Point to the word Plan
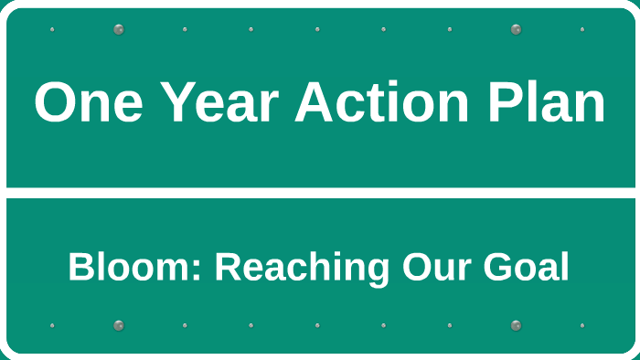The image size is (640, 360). [545, 102]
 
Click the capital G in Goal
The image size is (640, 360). [496, 268]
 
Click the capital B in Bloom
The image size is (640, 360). [80, 268]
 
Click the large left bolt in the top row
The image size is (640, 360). [118, 29]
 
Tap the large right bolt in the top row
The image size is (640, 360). [516, 29]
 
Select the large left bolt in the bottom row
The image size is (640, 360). [118, 325]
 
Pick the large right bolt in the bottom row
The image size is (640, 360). [516, 325]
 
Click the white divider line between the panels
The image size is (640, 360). [320, 193]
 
